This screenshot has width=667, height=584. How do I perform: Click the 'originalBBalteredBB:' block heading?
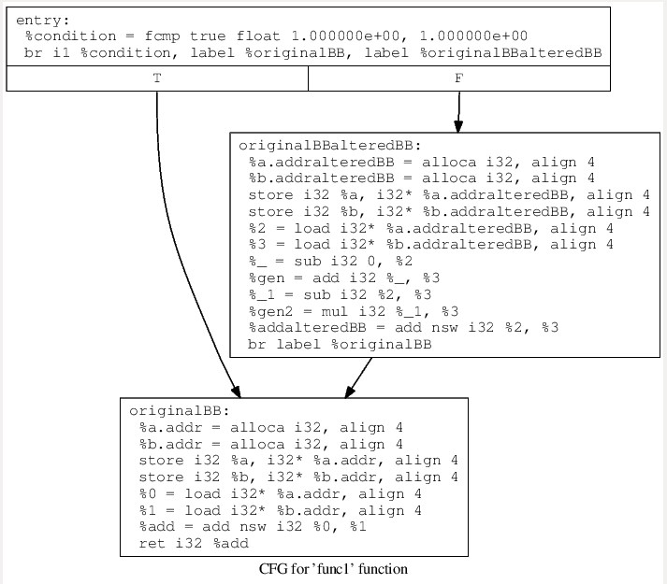pyautogui.click(x=329, y=145)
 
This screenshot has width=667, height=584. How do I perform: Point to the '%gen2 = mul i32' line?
pyautogui.click(x=403, y=310)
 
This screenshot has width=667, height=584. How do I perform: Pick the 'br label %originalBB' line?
pyautogui.click(x=340, y=344)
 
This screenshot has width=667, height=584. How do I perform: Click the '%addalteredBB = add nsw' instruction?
pyautogui.click(x=403, y=327)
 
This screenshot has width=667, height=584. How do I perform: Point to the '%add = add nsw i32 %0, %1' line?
pyautogui.click(x=252, y=526)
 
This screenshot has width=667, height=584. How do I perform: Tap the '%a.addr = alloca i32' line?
pyautogui.click(x=270, y=427)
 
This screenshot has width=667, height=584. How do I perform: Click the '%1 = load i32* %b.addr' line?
pyautogui.click(x=280, y=510)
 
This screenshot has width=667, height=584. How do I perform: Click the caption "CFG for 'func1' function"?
pyautogui.click(x=333, y=569)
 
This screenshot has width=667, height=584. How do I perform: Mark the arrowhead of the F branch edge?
pyautogui.click(x=457, y=126)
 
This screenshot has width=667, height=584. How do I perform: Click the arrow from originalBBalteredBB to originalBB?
pyautogui.click(x=360, y=376)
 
